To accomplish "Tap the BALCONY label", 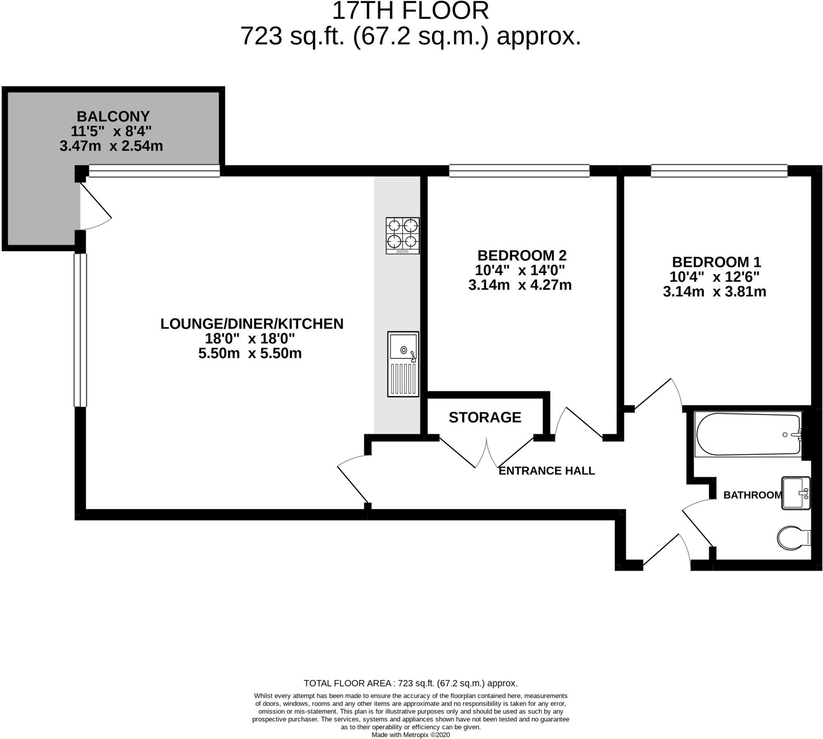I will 113,116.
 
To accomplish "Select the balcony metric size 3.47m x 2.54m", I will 111,146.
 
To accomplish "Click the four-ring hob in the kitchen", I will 402,235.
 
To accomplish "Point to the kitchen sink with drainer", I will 403,364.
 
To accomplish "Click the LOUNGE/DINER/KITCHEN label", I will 252,324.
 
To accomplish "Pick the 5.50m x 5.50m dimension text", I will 250,353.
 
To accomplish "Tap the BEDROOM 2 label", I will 521,255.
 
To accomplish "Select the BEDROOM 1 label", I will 716,262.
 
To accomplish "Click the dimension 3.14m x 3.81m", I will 714,292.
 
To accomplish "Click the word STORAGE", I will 485,417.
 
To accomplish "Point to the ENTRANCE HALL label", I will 546,471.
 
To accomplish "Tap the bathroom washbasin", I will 795,493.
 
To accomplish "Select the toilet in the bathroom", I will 793,538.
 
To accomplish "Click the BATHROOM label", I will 752,495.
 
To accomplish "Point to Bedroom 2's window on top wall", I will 519,171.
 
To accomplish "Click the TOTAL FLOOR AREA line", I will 410,683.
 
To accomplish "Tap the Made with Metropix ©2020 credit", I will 410,735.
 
